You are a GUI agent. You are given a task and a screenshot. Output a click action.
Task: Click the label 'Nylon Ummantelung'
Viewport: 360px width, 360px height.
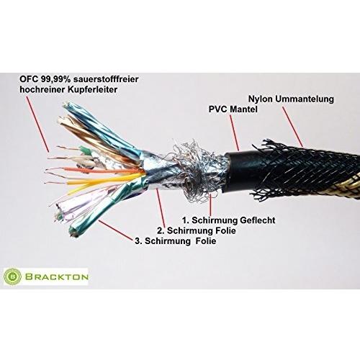(291, 99)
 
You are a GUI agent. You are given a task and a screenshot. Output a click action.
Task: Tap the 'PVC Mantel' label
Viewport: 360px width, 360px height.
(233, 109)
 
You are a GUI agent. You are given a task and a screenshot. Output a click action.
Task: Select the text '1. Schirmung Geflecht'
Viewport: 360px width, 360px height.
(229, 220)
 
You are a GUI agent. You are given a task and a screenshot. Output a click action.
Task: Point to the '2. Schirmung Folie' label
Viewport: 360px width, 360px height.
(197, 230)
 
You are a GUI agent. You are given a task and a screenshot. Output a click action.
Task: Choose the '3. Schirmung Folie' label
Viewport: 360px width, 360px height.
(176, 241)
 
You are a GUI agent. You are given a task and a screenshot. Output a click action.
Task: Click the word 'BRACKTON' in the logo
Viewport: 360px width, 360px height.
(57, 277)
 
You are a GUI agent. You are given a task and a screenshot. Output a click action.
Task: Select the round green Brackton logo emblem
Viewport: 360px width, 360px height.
(12, 276)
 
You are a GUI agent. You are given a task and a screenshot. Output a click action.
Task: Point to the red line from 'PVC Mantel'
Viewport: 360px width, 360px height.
(235, 132)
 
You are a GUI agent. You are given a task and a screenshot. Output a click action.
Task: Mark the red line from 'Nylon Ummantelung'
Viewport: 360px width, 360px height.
(292, 127)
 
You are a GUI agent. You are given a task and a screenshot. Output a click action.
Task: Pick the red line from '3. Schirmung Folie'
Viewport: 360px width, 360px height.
(115, 230)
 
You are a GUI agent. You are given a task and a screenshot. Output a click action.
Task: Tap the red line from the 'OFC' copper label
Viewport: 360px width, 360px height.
(37, 124)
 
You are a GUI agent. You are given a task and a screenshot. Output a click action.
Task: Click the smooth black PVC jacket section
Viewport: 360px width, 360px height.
(240, 171)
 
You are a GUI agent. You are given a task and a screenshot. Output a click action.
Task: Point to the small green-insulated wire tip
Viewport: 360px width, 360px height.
(84, 150)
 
